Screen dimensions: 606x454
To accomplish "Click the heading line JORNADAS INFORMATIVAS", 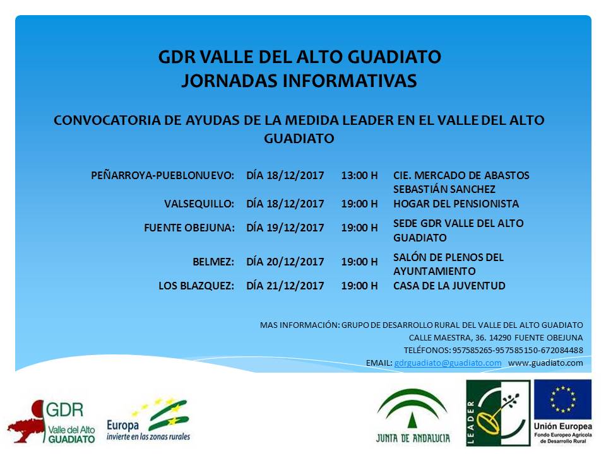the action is pos(299,81).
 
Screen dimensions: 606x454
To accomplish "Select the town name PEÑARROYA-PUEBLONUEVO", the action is pos(162,175).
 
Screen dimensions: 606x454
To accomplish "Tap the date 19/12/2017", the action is pos(295,228).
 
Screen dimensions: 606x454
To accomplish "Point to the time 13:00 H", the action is pos(359,175).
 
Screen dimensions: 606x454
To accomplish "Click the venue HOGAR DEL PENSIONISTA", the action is pos(456,204).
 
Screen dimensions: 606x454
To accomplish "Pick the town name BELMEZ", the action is pos(213,262).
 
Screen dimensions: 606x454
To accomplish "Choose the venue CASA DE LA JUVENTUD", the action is pos(449,286).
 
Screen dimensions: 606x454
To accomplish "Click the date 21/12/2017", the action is pos(295,286).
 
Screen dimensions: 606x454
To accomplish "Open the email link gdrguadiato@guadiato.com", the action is pos(448,363).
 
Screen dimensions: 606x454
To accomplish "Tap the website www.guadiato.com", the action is pos(545,363).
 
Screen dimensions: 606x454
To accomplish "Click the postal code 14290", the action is pos(500,338).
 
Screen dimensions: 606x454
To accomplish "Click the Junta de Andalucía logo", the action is pos(413,416).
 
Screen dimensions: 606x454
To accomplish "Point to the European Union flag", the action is pos(562,399).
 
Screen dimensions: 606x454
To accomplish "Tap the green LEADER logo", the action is pos(498,412).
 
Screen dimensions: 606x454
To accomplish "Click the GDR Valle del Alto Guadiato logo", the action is pos(51,422).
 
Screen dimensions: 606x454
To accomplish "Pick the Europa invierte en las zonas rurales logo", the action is pos(148,420).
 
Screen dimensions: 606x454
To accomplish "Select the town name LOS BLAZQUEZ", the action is pos(196,286).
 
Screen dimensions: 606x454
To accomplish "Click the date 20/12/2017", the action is pos(295,262).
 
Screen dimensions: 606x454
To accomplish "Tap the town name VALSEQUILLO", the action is pos(199,204).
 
